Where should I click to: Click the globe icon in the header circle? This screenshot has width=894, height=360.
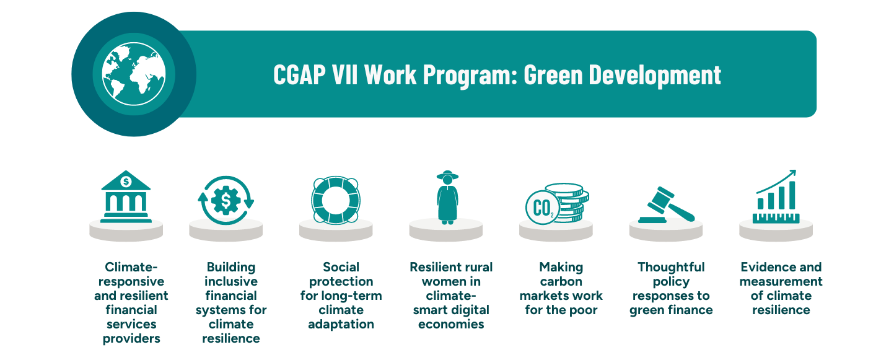coord(134,74)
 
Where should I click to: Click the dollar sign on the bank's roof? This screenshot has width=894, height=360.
coord(126,182)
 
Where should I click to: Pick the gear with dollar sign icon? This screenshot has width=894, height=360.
coord(226,200)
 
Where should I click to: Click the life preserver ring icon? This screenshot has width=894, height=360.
coord(335,200)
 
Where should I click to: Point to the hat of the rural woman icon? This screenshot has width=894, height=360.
coord(447,176)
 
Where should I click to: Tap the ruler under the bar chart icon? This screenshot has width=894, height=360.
coord(776,217)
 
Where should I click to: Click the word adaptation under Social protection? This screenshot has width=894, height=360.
coord(341,324)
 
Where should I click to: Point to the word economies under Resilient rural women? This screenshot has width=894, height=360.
coord(451,324)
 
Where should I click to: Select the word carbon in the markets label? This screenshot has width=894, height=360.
coord(561,281)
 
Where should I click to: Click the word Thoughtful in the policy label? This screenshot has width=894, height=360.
coord(671,267)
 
